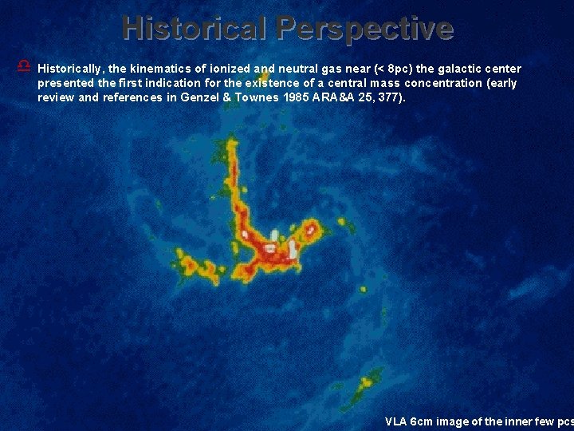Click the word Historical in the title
(195, 29)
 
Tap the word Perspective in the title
(366, 29)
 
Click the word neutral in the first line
(294, 69)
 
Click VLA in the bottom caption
(395, 421)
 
